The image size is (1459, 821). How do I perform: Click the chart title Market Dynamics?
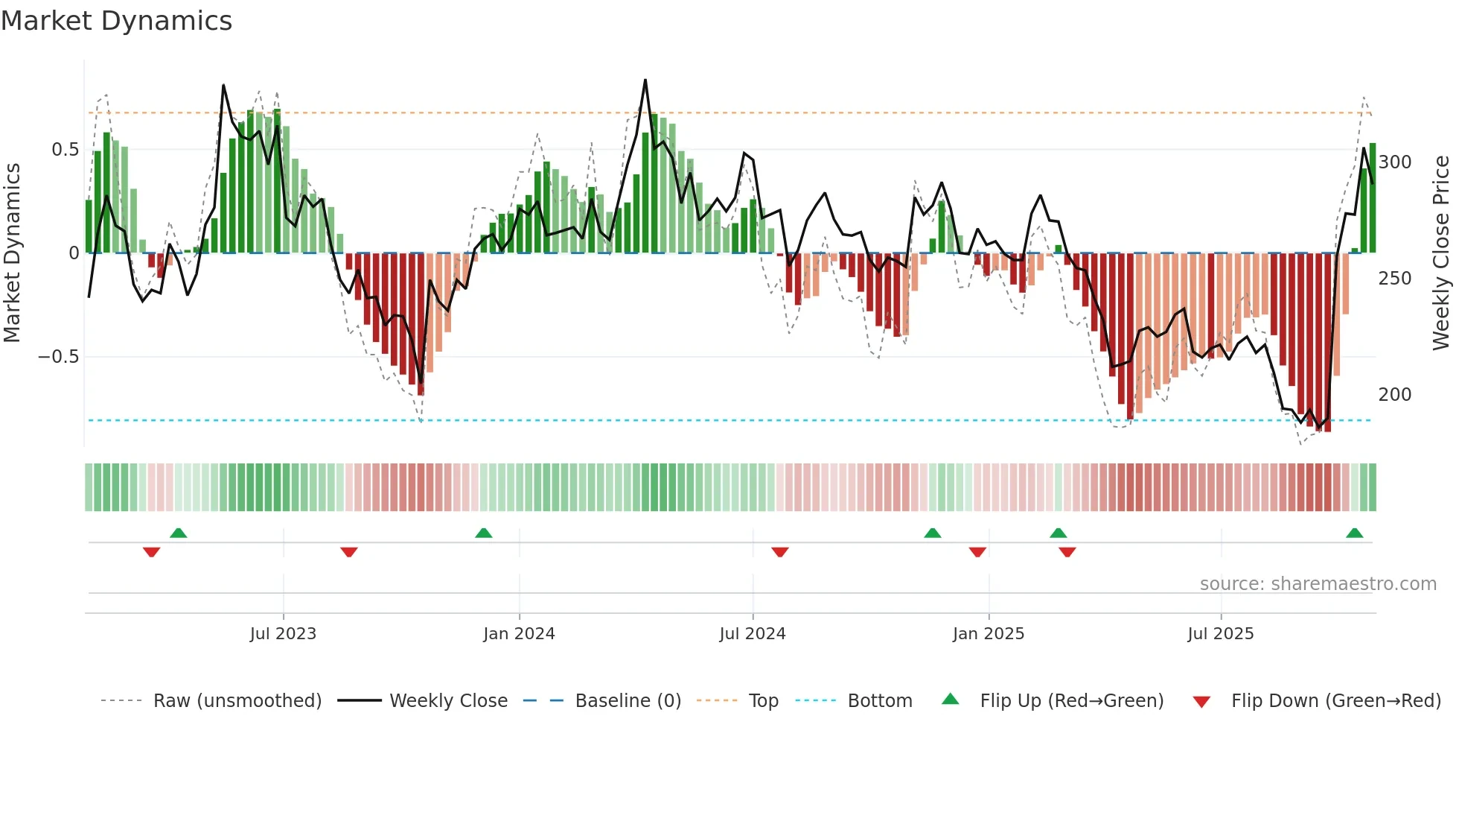(116, 21)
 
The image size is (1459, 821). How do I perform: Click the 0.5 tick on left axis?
(65, 150)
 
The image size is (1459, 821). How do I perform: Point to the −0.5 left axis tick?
(59, 357)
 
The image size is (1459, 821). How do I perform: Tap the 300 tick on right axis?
(1395, 162)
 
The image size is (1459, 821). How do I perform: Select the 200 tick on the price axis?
(1395, 395)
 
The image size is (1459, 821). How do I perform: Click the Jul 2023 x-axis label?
(283, 634)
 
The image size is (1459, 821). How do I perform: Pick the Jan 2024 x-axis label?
(519, 634)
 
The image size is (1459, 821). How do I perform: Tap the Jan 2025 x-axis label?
(989, 634)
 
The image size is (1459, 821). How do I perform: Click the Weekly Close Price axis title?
(1441, 253)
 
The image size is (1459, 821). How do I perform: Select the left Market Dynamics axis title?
(12, 253)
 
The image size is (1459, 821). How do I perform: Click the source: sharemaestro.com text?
(1318, 584)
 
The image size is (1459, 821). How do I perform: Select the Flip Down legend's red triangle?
(1201, 702)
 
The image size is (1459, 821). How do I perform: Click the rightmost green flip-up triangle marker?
(1354, 533)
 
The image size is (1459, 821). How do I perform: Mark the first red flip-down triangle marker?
(151, 552)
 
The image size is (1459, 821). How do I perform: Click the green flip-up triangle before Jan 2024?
(484, 533)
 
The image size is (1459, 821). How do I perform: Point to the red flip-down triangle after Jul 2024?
(780, 552)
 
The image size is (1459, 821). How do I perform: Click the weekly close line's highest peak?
(645, 80)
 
